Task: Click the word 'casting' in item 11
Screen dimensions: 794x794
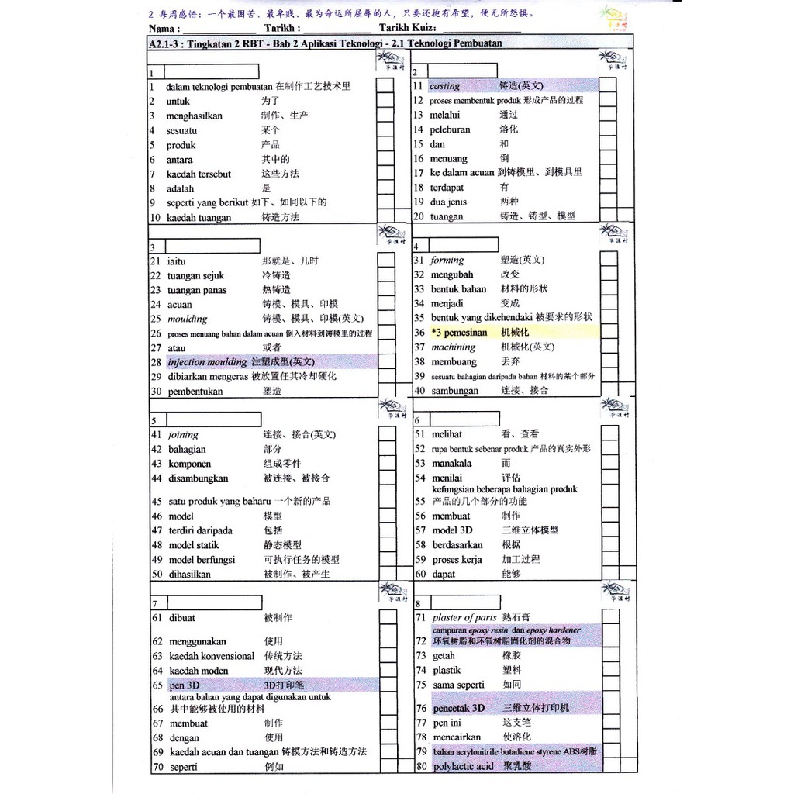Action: click(445, 86)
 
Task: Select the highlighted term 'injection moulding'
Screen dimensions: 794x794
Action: click(207, 362)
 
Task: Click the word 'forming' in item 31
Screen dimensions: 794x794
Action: click(447, 261)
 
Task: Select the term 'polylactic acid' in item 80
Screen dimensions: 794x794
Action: click(463, 767)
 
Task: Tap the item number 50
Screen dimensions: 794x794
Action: click(156, 575)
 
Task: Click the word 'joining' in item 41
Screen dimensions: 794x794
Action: click(183, 435)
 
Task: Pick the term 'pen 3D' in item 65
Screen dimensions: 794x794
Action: click(185, 685)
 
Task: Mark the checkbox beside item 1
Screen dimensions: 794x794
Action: click(385, 87)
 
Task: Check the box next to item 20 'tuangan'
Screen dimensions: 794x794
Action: click(607, 216)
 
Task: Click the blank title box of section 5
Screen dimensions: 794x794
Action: click(212, 419)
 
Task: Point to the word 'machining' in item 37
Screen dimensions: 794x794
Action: click(454, 347)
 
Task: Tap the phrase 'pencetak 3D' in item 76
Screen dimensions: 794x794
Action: click(458, 708)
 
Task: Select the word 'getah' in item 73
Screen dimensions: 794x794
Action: click(444, 656)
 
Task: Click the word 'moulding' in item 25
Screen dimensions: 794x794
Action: click(188, 319)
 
